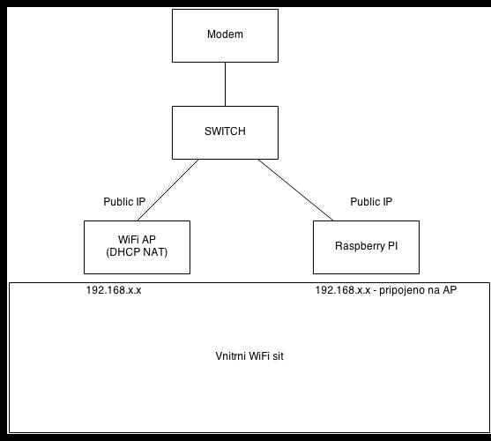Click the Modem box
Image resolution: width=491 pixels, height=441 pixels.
tap(225, 35)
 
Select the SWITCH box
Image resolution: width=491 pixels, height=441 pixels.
tap(225, 133)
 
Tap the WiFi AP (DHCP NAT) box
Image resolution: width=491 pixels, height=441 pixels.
tap(137, 248)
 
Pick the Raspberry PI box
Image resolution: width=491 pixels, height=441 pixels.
tap(366, 248)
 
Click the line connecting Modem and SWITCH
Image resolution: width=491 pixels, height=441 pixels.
tap(225, 84)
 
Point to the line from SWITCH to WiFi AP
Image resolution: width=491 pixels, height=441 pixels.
tap(167, 190)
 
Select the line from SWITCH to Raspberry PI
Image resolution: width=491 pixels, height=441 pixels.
tap(295, 190)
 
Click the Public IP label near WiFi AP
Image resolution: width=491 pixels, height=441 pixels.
tap(124, 202)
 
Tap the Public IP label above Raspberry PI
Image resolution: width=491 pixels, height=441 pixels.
tap(371, 202)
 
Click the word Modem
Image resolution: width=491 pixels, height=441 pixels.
tap(225, 34)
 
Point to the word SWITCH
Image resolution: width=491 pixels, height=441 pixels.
tap(225, 131)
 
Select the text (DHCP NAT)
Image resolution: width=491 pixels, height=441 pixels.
tap(137, 252)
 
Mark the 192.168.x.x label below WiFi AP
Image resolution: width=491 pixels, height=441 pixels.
tap(114, 290)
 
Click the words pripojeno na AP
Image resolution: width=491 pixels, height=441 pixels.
tap(418, 290)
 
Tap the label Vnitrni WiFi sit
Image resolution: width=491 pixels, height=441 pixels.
tap(249, 356)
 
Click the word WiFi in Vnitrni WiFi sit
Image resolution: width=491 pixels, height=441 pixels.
tap(256, 356)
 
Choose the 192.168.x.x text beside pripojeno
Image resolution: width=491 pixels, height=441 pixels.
tap(343, 290)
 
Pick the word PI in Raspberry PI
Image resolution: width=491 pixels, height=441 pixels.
tap(392, 246)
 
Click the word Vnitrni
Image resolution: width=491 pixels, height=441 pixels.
tap(228, 356)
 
